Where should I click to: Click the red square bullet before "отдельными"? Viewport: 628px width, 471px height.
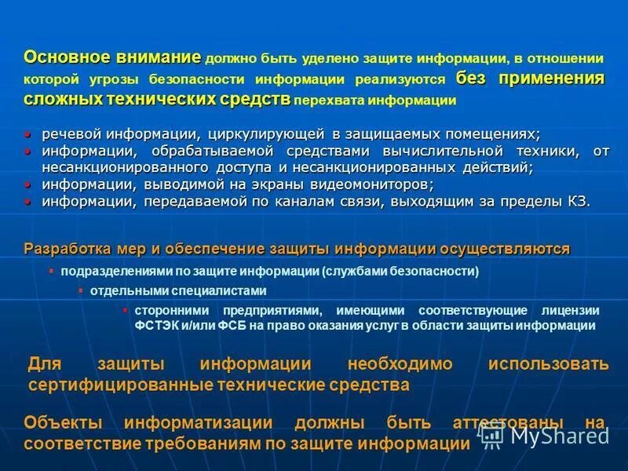pyautogui.click(x=80, y=290)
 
